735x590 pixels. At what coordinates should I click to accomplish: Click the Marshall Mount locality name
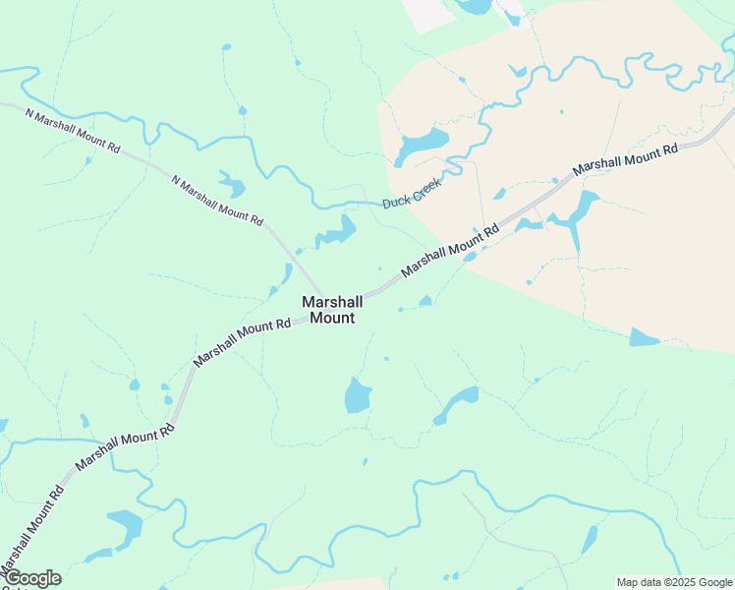pyautogui.click(x=332, y=310)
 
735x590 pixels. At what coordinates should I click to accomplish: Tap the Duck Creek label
pyautogui.click(x=412, y=193)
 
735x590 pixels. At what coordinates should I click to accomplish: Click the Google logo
pyautogui.click(x=31, y=578)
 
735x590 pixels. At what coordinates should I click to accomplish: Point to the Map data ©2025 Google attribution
pyautogui.click(x=674, y=582)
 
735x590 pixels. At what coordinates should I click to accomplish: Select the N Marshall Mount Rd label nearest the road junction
pyautogui.click(x=217, y=201)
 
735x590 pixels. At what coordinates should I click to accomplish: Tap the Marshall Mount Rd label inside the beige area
pyautogui.click(x=626, y=159)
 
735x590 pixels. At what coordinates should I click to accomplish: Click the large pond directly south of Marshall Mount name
pyautogui.click(x=357, y=395)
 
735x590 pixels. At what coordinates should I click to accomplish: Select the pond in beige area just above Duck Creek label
pyautogui.click(x=421, y=146)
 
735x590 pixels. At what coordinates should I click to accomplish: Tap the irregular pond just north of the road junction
pyautogui.click(x=337, y=232)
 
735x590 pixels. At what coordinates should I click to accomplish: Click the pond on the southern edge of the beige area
pyautogui.click(x=644, y=337)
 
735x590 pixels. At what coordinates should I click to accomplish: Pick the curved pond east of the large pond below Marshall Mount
pyautogui.click(x=458, y=402)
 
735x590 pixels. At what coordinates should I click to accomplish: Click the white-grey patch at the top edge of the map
pyautogui.click(x=428, y=13)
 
